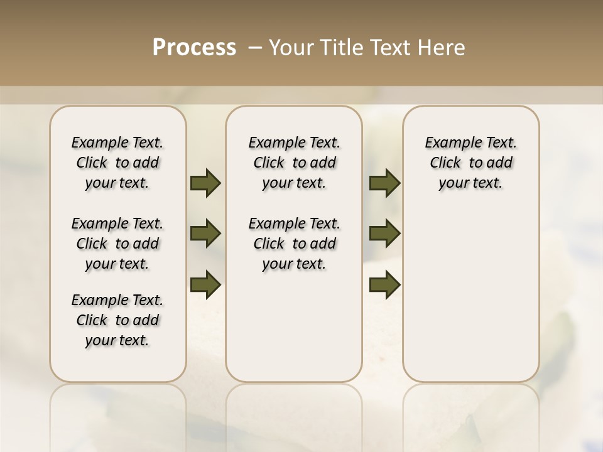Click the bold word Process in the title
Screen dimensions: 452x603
tap(194, 48)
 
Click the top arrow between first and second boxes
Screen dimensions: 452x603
tap(205, 183)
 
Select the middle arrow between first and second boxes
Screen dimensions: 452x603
tap(205, 234)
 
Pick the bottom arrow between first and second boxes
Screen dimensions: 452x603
tap(205, 285)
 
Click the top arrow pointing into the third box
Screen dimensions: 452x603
tap(384, 183)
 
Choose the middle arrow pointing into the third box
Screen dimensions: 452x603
tap(384, 234)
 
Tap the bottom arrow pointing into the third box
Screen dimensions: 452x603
tap(384, 285)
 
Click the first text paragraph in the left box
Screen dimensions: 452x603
tap(117, 163)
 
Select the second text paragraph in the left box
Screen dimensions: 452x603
tap(117, 244)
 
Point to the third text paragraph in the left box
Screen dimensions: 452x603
tap(117, 320)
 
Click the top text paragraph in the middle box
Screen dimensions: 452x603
tap(294, 163)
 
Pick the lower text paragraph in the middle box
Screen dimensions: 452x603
tap(294, 244)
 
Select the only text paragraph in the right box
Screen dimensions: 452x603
tap(470, 163)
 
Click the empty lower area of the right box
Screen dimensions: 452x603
tap(470, 295)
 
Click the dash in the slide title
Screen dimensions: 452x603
tap(254, 48)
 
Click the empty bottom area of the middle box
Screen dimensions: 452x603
tap(294, 333)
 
